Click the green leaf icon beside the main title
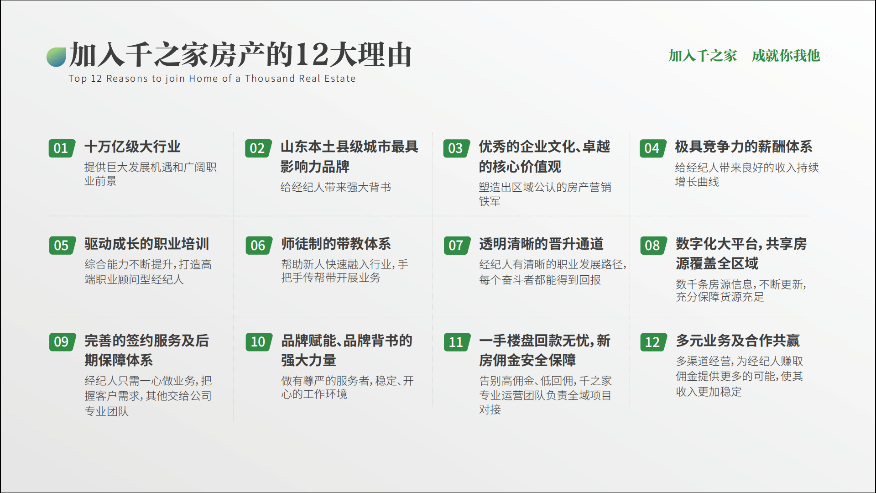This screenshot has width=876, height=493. (56, 57)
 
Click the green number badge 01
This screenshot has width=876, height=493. (62, 148)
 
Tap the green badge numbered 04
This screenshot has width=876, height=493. (652, 148)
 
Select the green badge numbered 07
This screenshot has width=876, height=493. (457, 246)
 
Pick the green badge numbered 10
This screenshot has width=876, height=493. (259, 342)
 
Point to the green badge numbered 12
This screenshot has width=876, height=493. (653, 342)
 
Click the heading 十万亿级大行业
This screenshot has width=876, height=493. (132, 147)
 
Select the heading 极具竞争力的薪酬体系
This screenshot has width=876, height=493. (744, 147)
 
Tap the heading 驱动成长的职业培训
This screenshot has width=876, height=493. (146, 244)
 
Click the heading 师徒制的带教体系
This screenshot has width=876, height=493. (336, 244)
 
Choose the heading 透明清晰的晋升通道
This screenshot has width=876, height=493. (541, 244)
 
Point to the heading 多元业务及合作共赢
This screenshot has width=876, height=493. (738, 341)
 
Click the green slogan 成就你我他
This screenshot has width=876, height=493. (786, 56)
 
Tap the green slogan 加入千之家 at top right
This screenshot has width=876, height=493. (703, 56)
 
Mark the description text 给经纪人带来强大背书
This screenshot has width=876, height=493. (336, 187)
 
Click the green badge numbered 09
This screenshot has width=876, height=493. (62, 342)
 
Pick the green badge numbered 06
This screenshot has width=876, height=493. (259, 246)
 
